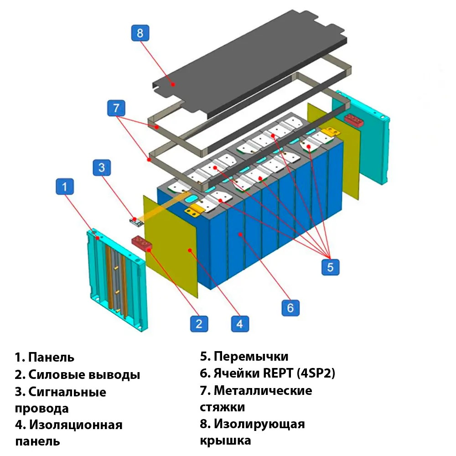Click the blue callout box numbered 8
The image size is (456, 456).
[x=140, y=33]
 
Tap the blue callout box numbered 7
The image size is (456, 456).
[x=116, y=109]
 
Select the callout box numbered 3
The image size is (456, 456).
[x=102, y=167]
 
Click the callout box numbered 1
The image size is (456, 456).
[x=65, y=187]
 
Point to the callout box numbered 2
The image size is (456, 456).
[x=199, y=323]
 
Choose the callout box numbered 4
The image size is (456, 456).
[x=240, y=323]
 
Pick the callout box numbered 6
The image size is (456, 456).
[x=290, y=308]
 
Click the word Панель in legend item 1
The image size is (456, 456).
[x=51, y=357]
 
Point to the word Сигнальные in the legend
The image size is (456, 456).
[x=67, y=392]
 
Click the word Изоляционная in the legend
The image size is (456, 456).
[x=76, y=425]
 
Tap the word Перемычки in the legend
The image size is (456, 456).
[x=251, y=356]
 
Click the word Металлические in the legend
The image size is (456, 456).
[x=263, y=390]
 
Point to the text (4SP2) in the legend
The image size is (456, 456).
[x=316, y=373]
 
